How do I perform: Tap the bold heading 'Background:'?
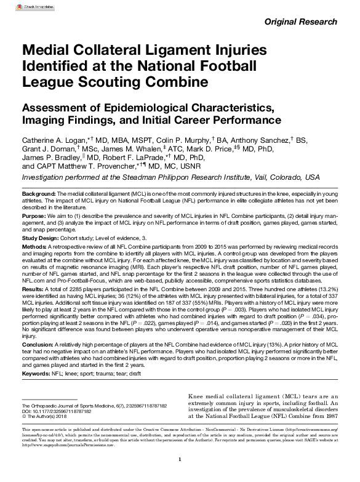(39, 194)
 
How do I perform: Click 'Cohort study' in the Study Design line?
(79, 238)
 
